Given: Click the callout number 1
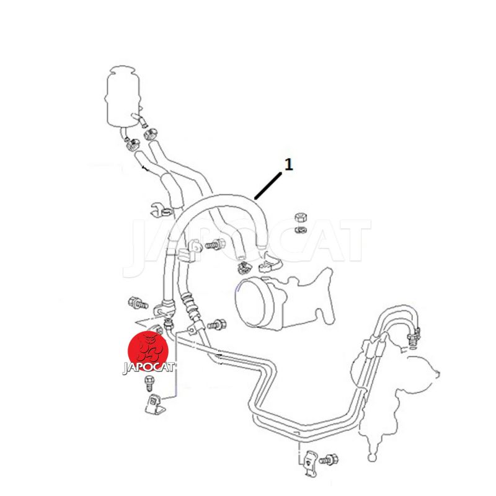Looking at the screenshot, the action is click(x=288, y=164).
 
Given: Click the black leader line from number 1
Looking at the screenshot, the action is click(x=268, y=187).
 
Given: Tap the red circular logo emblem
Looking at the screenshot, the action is click(x=148, y=350).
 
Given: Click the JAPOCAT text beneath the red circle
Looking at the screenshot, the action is click(x=149, y=368).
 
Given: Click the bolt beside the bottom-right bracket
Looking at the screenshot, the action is click(x=329, y=459).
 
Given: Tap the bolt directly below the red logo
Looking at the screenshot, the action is click(x=148, y=384).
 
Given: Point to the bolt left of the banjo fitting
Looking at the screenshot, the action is click(x=138, y=303).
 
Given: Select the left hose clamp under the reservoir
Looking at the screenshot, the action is click(x=132, y=144).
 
